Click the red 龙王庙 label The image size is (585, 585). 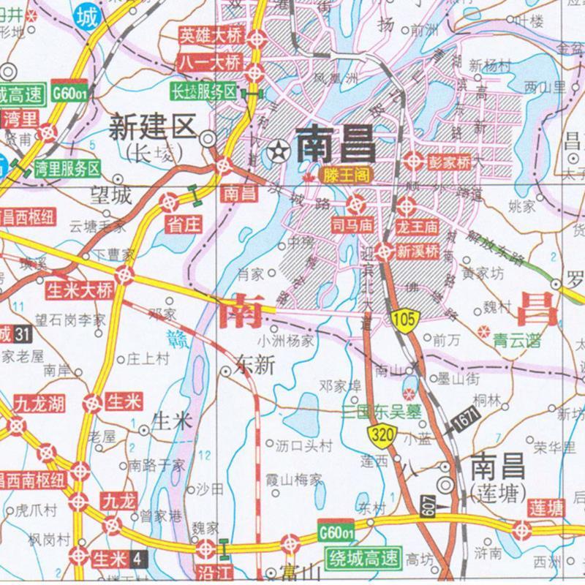pyautogui.click(x=416, y=219)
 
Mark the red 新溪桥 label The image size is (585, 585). pyautogui.click(x=417, y=252)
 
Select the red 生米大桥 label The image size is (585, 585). pyautogui.click(x=80, y=290)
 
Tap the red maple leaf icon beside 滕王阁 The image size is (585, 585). pyautogui.click(x=308, y=176)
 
